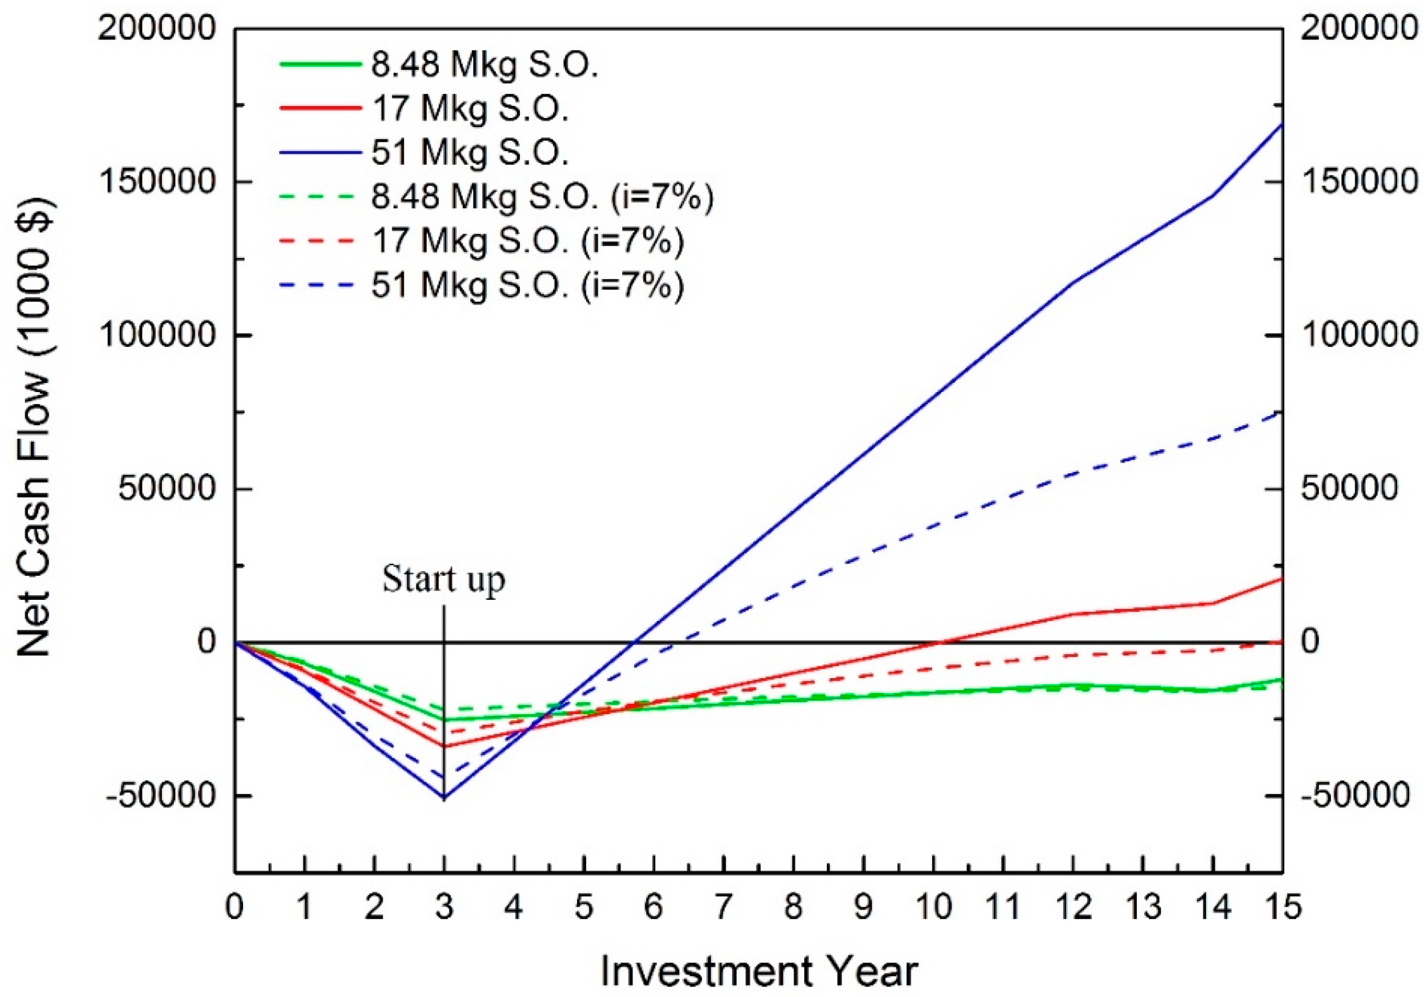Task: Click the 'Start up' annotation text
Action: (x=443, y=580)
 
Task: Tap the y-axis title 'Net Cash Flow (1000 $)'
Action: (x=35, y=429)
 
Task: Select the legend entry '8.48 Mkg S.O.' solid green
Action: (x=484, y=64)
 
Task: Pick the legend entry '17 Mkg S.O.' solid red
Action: (x=470, y=108)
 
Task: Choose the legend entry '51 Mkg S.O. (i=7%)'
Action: (x=527, y=286)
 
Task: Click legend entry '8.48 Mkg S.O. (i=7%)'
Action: (x=542, y=197)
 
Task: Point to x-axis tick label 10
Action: (x=934, y=907)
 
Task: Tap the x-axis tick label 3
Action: (x=443, y=907)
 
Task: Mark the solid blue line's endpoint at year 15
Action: (x=1282, y=124)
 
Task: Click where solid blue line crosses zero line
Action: (x=634, y=642)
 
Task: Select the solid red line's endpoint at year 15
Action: (x=1282, y=578)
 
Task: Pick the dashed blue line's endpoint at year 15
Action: (x=1282, y=412)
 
